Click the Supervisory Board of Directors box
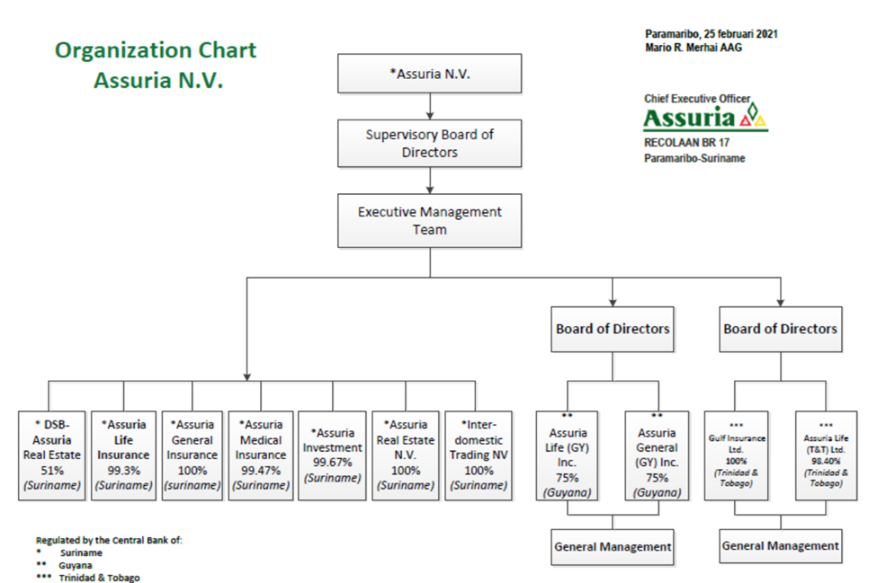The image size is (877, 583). tap(430, 144)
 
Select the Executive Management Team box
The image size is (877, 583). tap(430, 221)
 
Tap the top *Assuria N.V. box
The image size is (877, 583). tap(430, 74)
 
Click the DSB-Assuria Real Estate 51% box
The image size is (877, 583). tap(52, 455)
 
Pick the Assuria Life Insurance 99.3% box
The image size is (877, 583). tap(123, 455)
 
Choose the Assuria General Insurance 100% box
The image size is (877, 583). tap(192, 455)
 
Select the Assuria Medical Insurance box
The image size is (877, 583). tap(261, 455)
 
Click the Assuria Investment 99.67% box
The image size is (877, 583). tap(332, 455)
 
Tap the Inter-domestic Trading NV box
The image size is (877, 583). tap(479, 455)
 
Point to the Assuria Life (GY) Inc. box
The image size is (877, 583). tap(568, 455)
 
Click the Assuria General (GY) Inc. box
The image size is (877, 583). tap(658, 455)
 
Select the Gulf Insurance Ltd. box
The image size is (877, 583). tap(736, 455)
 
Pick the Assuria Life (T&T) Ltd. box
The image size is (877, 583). tap(826, 455)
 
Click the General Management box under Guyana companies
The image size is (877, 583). tap(613, 547)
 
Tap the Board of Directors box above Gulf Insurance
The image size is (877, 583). tap(780, 329)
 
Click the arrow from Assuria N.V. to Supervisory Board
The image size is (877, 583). tap(430, 106)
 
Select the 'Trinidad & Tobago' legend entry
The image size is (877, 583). tap(100, 578)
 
